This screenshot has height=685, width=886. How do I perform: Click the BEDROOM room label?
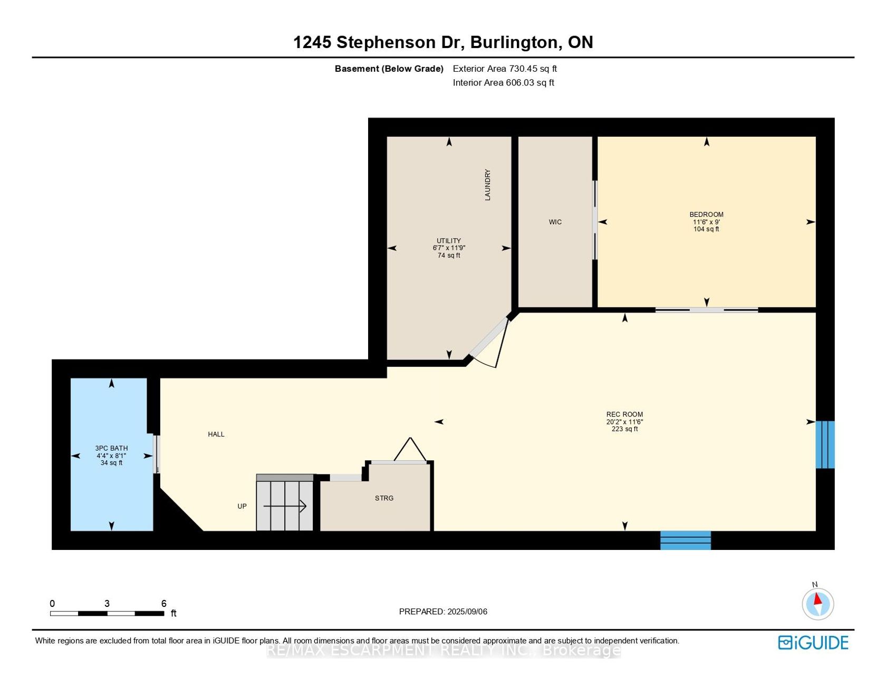tap(706, 214)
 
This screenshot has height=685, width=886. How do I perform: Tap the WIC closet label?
tap(555, 222)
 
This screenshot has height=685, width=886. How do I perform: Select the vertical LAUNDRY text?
tap(488, 185)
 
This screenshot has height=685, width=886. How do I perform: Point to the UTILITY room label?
tap(449, 241)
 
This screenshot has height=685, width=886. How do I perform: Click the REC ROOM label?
tap(624, 414)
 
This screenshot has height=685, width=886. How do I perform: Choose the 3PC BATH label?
tap(111, 448)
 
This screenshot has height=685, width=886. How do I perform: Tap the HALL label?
tap(216, 434)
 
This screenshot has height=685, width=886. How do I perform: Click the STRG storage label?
tap(384, 498)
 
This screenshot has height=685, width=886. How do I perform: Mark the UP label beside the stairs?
tap(242, 506)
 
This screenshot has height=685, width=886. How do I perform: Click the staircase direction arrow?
tap(285, 506)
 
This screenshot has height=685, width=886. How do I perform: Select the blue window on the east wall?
tap(825, 444)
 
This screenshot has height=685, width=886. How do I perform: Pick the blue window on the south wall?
tap(686, 540)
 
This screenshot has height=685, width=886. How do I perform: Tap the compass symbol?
tap(817, 604)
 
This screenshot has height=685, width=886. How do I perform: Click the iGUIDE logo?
tap(813, 642)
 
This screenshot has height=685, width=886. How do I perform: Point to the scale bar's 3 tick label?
tap(107, 604)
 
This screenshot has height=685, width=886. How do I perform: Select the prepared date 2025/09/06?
tap(467, 612)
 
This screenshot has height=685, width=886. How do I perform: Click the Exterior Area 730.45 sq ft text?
tap(505, 69)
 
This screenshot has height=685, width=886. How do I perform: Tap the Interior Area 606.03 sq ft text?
tap(504, 82)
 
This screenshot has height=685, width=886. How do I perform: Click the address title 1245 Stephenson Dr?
tap(379, 42)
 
